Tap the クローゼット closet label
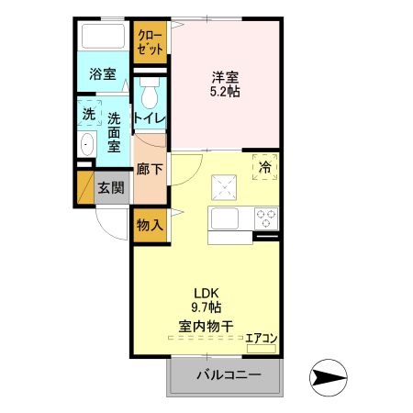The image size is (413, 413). tap(148, 41)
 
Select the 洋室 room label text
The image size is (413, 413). tap(226, 77)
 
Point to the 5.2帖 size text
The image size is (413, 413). tap(226, 92)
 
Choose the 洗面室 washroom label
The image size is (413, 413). tap(115, 131)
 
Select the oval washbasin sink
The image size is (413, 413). tap(88, 145)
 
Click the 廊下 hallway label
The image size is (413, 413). tap(149, 169)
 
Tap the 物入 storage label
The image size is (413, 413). tap(149, 225)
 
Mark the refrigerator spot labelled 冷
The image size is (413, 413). tap(264, 167)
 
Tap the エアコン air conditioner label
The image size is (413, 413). tap(261, 338)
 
